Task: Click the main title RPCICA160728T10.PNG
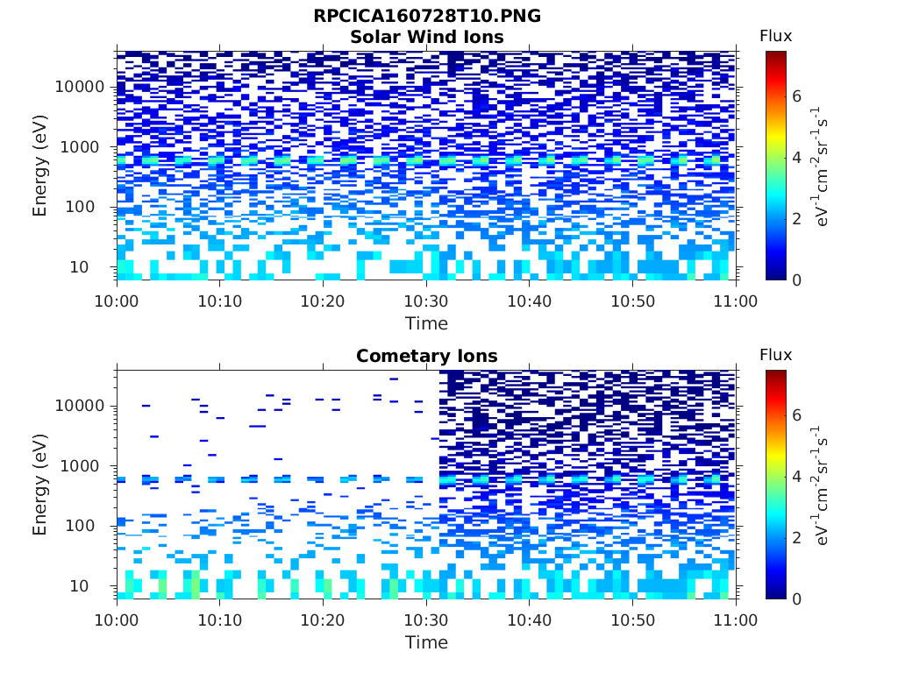(x=427, y=17)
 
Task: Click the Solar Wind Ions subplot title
(x=427, y=37)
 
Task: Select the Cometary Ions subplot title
(x=427, y=356)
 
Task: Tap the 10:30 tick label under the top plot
(x=426, y=301)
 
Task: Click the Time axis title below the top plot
(x=426, y=323)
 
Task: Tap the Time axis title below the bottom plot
(x=426, y=642)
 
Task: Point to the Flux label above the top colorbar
(x=775, y=36)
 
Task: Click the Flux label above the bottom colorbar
(x=775, y=355)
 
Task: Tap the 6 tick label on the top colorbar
(x=797, y=96)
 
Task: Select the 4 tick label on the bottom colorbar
(x=797, y=477)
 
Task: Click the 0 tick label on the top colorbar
(x=797, y=280)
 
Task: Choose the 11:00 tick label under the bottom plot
(x=736, y=620)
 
